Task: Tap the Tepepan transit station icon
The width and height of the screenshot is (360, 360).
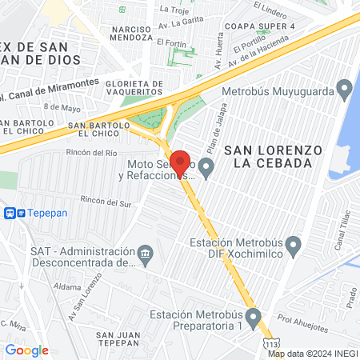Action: [10, 214]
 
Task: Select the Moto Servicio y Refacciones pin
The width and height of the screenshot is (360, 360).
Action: [206, 168]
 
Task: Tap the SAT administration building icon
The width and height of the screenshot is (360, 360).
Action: [145, 255]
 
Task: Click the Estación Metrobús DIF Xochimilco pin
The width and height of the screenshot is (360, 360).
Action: [293, 243]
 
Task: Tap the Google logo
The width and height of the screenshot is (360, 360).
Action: [26, 350]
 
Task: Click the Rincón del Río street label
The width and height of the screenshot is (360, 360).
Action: [93, 151]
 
